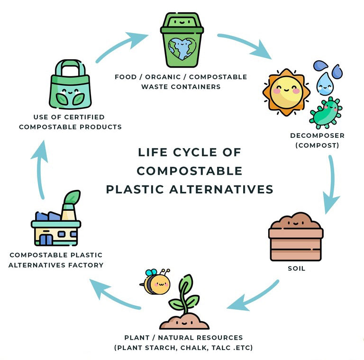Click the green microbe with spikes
tap(326, 112)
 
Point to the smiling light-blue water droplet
tap(325, 83)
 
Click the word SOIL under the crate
tap(297, 269)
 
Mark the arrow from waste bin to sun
tap(244, 45)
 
